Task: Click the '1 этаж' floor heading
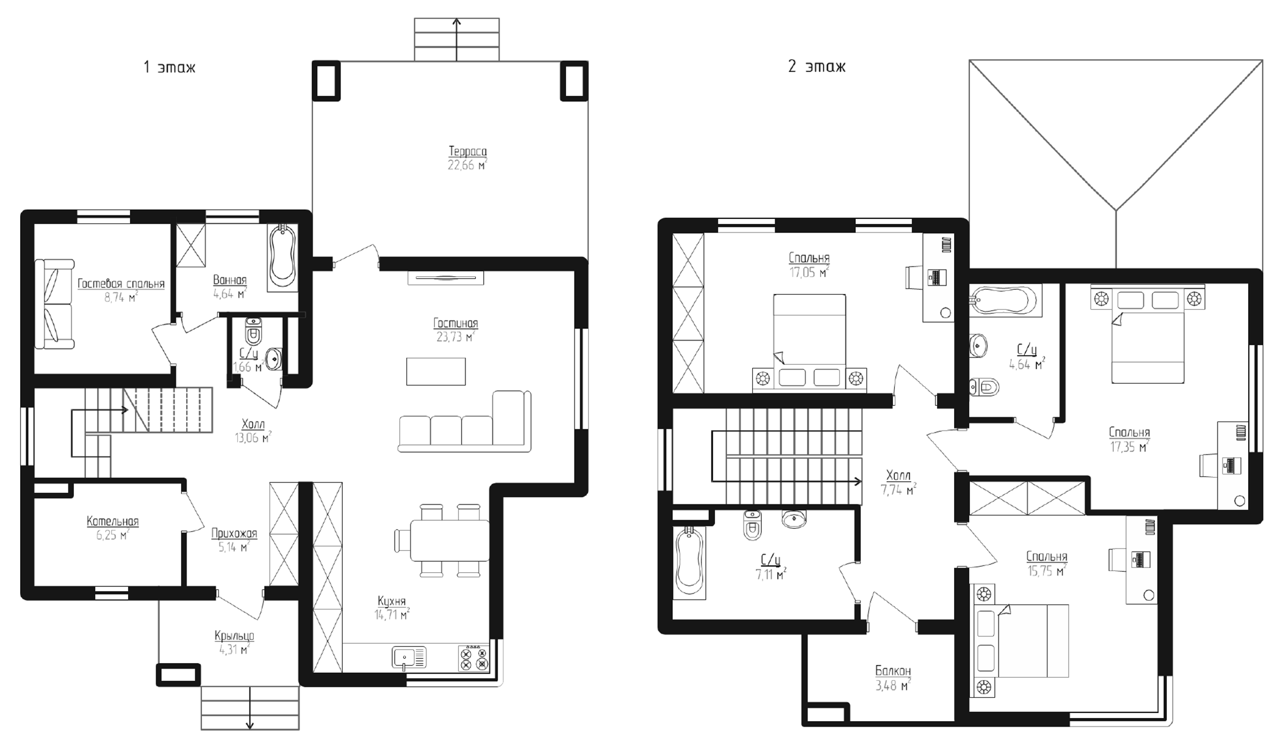pyautogui.click(x=169, y=66)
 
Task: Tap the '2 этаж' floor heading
pyautogui.click(x=816, y=66)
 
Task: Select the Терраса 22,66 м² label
pyautogui.click(x=467, y=158)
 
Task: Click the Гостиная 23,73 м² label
pyautogui.click(x=455, y=329)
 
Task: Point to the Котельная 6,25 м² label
pyautogui.click(x=112, y=528)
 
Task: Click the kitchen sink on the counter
pyautogui.click(x=408, y=658)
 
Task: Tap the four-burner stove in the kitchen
pyautogui.click(x=473, y=658)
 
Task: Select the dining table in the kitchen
pyautogui.click(x=450, y=540)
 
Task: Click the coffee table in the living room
pyautogui.click(x=436, y=372)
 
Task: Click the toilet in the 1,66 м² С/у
pyautogui.click(x=253, y=332)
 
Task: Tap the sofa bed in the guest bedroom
pyautogui.click(x=54, y=304)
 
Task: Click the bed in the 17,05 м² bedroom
pyautogui.click(x=809, y=339)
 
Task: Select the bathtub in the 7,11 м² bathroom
pyautogui.click(x=690, y=562)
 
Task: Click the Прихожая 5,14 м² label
pyautogui.click(x=234, y=540)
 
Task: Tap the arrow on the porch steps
pyautogui.click(x=249, y=708)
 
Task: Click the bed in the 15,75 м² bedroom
pyautogui.click(x=1025, y=641)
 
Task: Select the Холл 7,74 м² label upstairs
pyautogui.click(x=898, y=482)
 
